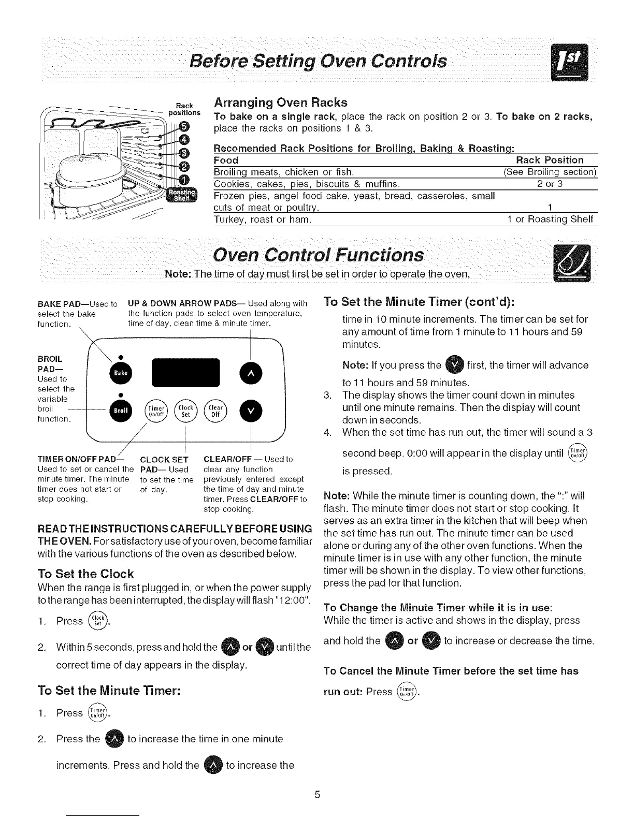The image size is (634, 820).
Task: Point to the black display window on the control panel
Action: [186, 372]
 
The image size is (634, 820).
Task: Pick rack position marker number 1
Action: [183, 179]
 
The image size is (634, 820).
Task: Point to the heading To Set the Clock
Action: [86, 574]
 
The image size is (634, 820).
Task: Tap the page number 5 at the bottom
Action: [318, 795]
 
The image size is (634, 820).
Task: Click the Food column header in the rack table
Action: [226, 160]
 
